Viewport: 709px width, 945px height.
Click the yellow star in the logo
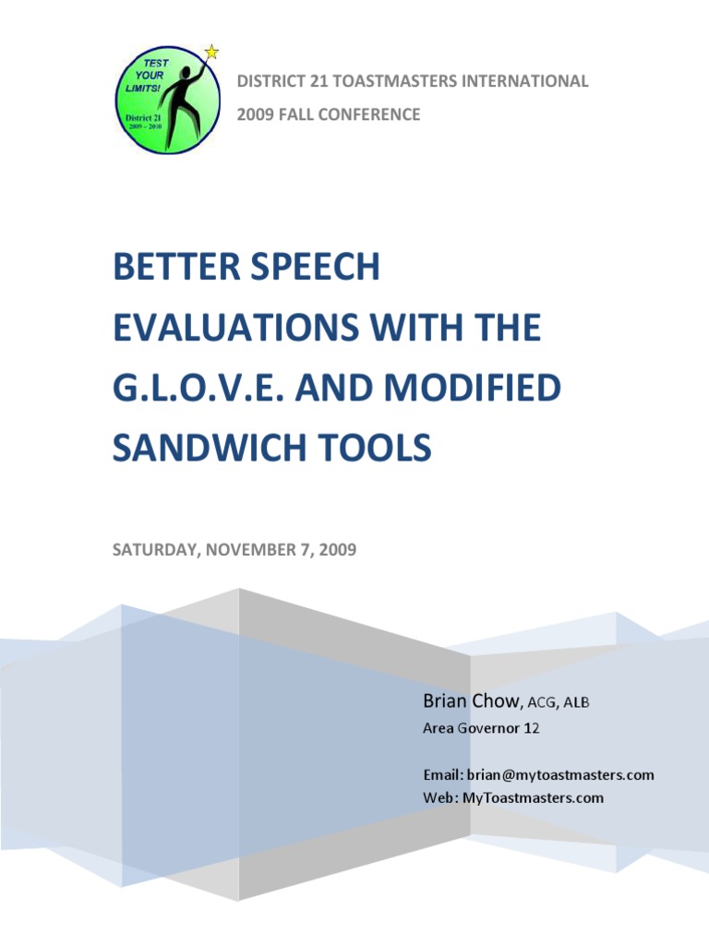point(211,52)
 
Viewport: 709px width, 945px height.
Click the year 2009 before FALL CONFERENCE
point(255,115)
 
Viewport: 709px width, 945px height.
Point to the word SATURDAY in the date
point(153,551)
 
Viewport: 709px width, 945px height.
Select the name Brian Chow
point(472,702)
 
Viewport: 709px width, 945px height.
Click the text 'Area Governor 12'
point(481,729)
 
